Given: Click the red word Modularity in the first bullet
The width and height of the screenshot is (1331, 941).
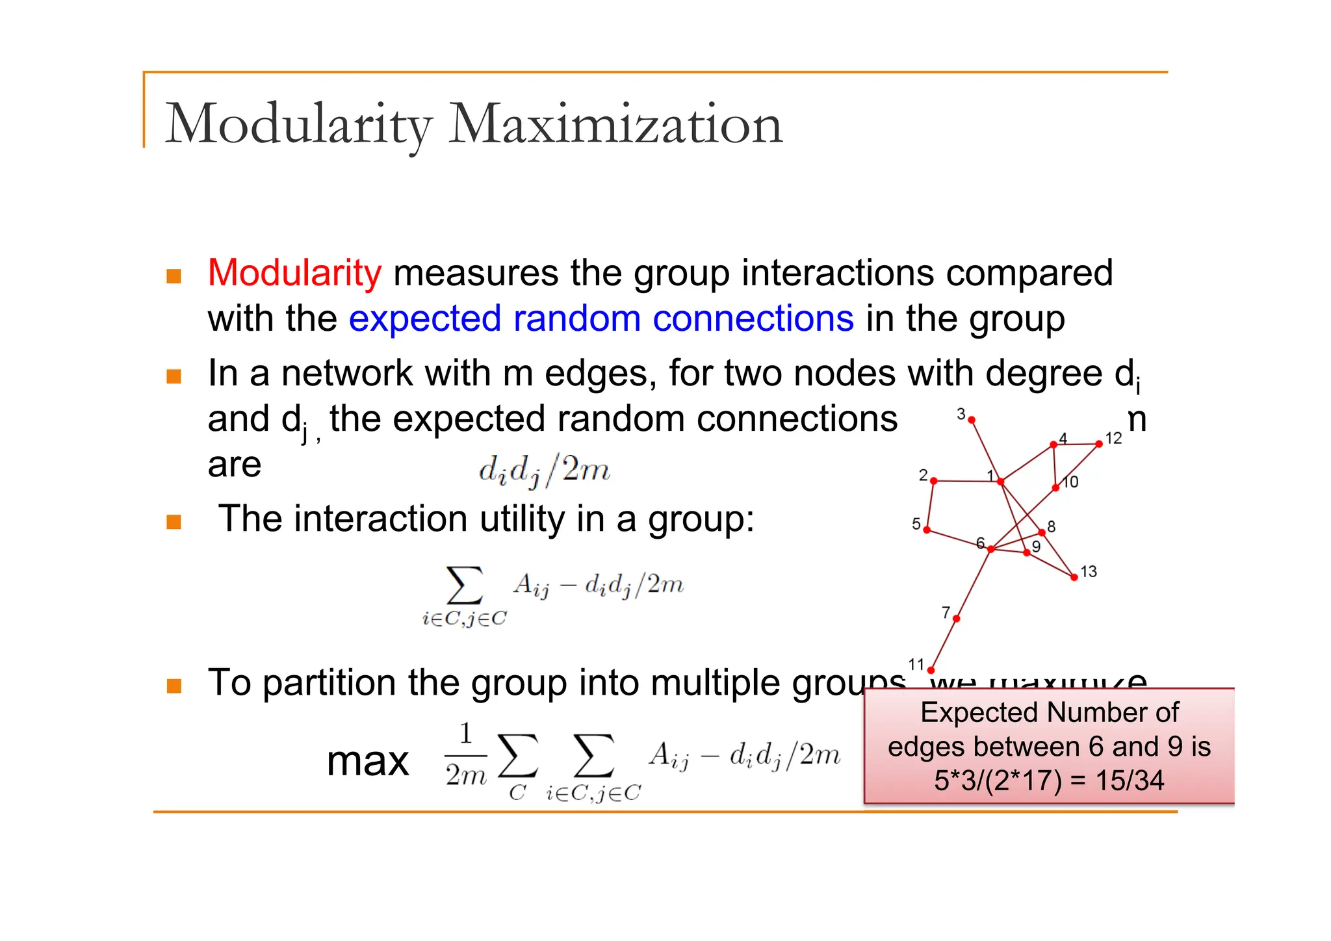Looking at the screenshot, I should tap(294, 273).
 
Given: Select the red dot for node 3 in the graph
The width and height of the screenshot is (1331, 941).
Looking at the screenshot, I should tap(972, 420).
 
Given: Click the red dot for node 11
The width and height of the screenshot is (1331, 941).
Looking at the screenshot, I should tap(931, 670).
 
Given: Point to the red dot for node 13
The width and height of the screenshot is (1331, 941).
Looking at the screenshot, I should tap(1074, 577).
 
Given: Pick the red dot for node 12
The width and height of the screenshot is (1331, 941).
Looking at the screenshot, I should tap(1099, 444).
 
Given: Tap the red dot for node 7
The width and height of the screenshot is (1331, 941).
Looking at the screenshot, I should tap(956, 619).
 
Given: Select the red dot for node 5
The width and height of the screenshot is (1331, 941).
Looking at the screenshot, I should tap(927, 530).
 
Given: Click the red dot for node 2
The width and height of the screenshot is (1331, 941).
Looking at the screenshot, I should tap(934, 481).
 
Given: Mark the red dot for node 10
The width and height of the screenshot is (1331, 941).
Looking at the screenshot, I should tap(1055, 487).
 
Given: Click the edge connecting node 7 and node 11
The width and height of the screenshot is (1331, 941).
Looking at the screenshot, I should tap(944, 644).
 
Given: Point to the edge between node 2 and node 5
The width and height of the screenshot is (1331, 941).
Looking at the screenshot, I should tap(930, 506).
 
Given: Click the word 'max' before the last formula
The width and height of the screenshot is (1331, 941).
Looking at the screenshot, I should tap(368, 761).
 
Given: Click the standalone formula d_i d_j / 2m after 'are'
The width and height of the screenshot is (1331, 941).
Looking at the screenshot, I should tap(545, 470).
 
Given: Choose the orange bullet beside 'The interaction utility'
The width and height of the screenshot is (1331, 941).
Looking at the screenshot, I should tap(174, 522).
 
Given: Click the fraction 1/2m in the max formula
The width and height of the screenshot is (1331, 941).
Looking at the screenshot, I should tap(465, 755).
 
